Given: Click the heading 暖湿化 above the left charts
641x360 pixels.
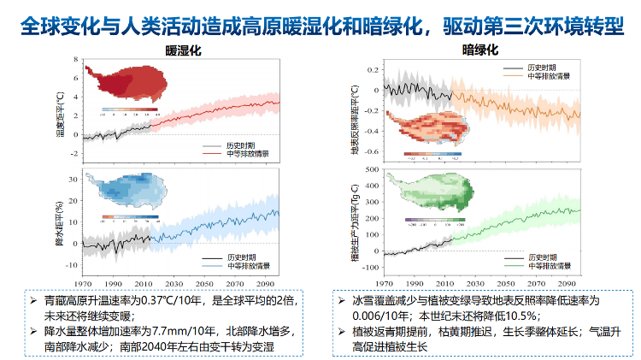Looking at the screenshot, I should tap(182, 51).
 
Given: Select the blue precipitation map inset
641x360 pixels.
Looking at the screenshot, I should tap(126, 195).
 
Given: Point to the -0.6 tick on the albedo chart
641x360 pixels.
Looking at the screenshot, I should tap(371, 160).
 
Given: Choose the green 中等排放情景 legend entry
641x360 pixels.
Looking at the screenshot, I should tap(547, 265).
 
